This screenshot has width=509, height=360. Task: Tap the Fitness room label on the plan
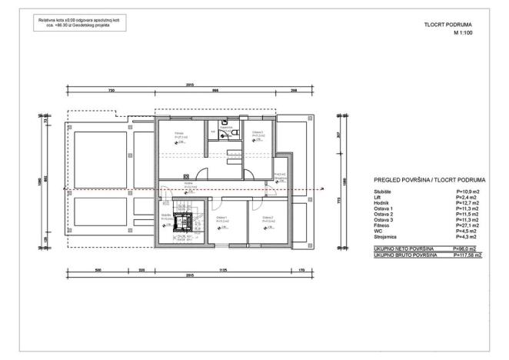tap(179, 135)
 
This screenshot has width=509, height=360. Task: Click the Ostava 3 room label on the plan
tap(257, 133)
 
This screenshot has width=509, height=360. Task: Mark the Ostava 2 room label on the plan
tap(267, 218)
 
